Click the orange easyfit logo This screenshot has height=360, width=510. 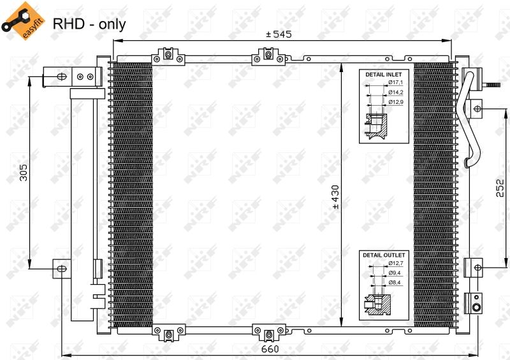pyautogui.click(x=24, y=20)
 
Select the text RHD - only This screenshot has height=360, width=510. pyautogui.click(x=89, y=24)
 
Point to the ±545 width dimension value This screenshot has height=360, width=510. pyautogui.click(x=279, y=34)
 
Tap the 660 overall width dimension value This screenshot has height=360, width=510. pyautogui.click(x=270, y=349)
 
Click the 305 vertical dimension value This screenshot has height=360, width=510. pyautogui.click(x=24, y=173)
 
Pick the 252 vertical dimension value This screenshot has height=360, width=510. pyautogui.click(x=500, y=188)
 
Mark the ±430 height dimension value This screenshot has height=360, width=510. pyautogui.click(x=335, y=197)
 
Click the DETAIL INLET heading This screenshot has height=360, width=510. pyautogui.click(x=384, y=75)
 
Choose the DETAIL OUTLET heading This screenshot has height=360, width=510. pyautogui.click(x=384, y=256)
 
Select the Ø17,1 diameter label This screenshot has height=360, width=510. pyautogui.click(x=395, y=83)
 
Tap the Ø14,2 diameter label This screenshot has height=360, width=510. pyautogui.click(x=395, y=92)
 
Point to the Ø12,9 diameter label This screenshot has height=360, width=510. pyautogui.click(x=395, y=102)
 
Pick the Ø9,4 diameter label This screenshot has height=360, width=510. pyautogui.click(x=394, y=273)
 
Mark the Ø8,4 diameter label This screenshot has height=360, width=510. pyautogui.click(x=394, y=283)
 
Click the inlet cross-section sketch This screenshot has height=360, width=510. pyautogui.click(x=376, y=126)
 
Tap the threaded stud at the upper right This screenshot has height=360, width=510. pyautogui.click(x=491, y=85)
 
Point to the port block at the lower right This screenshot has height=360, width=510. pyautogui.click(x=473, y=303)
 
